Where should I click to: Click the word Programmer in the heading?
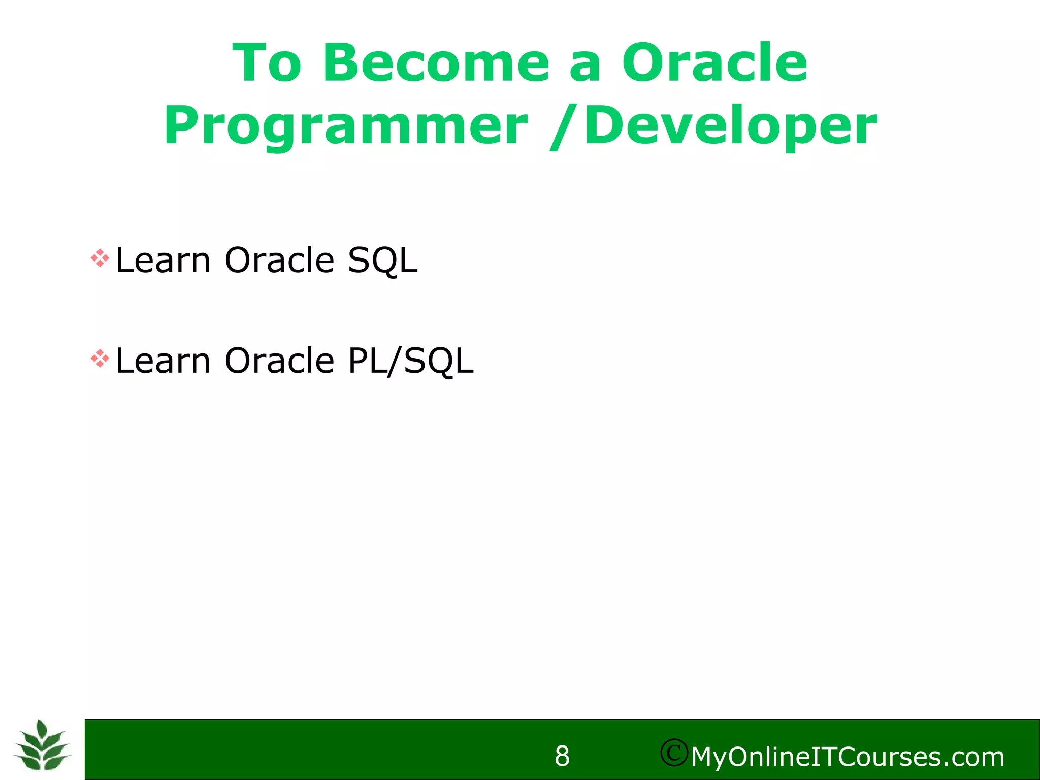point(346,126)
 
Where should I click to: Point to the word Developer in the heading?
point(731,126)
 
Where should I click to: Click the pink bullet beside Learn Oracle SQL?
point(100,258)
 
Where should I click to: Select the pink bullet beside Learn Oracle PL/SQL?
point(100,359)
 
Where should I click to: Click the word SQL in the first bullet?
point(382,261)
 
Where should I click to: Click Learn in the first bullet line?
point(162,261)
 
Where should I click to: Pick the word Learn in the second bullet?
point(162,361)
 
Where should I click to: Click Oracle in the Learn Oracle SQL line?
point(279,261)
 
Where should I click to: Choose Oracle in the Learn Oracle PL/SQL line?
point(279,361)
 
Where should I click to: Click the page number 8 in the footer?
point(562,756)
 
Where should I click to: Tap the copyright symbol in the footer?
point(674,753)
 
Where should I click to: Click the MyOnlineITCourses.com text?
point(848,757)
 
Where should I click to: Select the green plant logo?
point(42,745)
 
